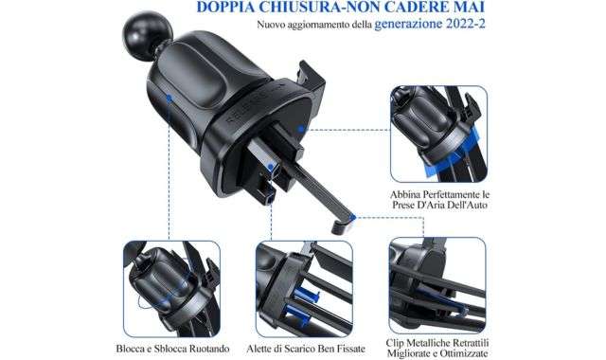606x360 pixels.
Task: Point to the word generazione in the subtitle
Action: click(x=408, y=25)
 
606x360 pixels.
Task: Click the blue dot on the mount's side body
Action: click(x=169, y=99)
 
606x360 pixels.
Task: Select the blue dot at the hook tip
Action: click(x=352, y=218)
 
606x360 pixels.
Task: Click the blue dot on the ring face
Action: click(x=301, y=129)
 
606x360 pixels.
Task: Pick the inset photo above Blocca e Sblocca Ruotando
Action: click(x=171, y=288)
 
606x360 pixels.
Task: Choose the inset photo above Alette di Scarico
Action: click(x=304, y=288)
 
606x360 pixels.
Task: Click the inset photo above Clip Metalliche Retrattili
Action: click(x=437, y=286)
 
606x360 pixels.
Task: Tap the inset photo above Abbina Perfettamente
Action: click(x=438, y=135)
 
